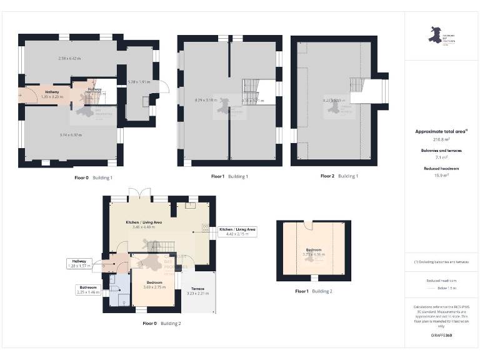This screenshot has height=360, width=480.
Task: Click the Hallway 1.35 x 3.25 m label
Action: tap(52, 94)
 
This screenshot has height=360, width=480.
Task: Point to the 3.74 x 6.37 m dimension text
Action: tap(70, 134)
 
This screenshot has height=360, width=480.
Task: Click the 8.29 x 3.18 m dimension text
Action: tap(206, 100)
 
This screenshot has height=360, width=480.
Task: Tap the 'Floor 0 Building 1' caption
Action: tap(93, 177)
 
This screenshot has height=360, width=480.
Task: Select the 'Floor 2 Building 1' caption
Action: tap(339, 176)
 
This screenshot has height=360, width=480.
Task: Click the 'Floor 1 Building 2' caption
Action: tap(314, 291)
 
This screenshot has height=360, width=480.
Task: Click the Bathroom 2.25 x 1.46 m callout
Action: tap(88, 290)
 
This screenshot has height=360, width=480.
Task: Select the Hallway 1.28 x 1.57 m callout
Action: tap(79, 264)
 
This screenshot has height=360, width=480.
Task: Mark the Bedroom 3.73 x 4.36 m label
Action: tap(313, 252)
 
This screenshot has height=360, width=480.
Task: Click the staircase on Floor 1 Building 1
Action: tap(251, 87)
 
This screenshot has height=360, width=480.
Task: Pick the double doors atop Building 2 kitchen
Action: tap(137, 194)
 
